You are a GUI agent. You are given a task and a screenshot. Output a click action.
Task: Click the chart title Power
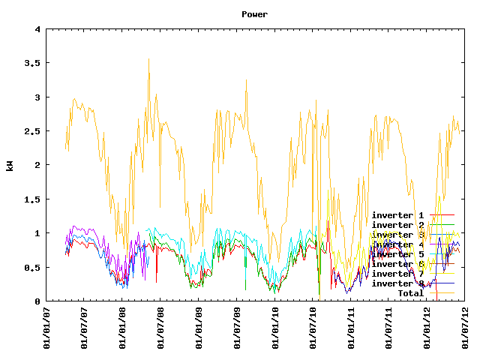click(x=254, y=14)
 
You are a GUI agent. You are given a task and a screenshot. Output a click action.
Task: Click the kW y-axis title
click(x=10, y=165)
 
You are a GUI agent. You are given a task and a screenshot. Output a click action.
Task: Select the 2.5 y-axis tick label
click(x=32, y=131)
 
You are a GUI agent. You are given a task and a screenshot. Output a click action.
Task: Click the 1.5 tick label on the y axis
click(x=32, y=199)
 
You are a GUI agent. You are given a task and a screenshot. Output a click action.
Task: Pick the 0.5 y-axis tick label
click(x=32, y=268)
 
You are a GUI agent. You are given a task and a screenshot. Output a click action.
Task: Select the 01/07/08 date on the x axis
click(x=161, y=328)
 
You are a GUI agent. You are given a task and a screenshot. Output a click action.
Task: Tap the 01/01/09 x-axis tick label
click(x=199, y=328)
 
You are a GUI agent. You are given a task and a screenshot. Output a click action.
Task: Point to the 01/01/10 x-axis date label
click(x=275, y=328)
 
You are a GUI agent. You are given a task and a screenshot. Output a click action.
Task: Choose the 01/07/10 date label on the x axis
click(x=313, y=328)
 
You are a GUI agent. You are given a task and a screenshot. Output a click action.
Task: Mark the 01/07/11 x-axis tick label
click(x=389, y=328)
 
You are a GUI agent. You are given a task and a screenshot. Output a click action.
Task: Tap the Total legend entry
click(x=410, y=293)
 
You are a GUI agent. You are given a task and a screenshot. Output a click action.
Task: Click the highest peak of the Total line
click(x=148, y=58)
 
